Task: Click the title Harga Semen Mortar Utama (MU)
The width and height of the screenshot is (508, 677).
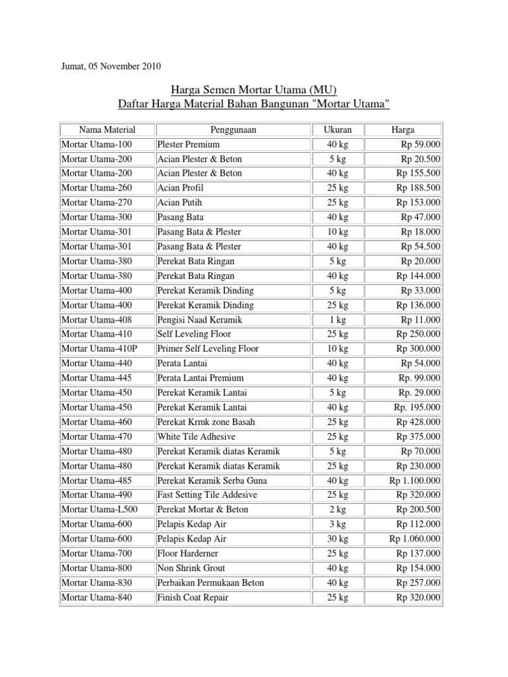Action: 254,89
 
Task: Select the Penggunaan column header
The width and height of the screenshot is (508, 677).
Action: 233,130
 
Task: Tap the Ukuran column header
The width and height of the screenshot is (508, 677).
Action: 337,130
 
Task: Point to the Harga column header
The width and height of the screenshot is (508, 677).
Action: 403,130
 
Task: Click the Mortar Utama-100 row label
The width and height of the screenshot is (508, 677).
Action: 97,144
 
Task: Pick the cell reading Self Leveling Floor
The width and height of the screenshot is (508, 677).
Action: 194,334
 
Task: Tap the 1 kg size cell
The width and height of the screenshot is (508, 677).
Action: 337,319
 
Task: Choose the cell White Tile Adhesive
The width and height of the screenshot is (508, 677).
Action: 196,436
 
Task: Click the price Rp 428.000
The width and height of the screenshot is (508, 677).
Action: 419,422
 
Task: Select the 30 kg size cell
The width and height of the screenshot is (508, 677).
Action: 337,539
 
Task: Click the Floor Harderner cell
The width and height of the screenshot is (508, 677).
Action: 187,553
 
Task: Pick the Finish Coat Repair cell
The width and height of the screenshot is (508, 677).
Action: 192,598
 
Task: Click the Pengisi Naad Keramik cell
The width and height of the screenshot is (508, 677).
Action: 199,319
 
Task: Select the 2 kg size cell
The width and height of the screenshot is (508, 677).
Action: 337,510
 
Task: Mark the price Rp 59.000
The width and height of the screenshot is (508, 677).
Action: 421,144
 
